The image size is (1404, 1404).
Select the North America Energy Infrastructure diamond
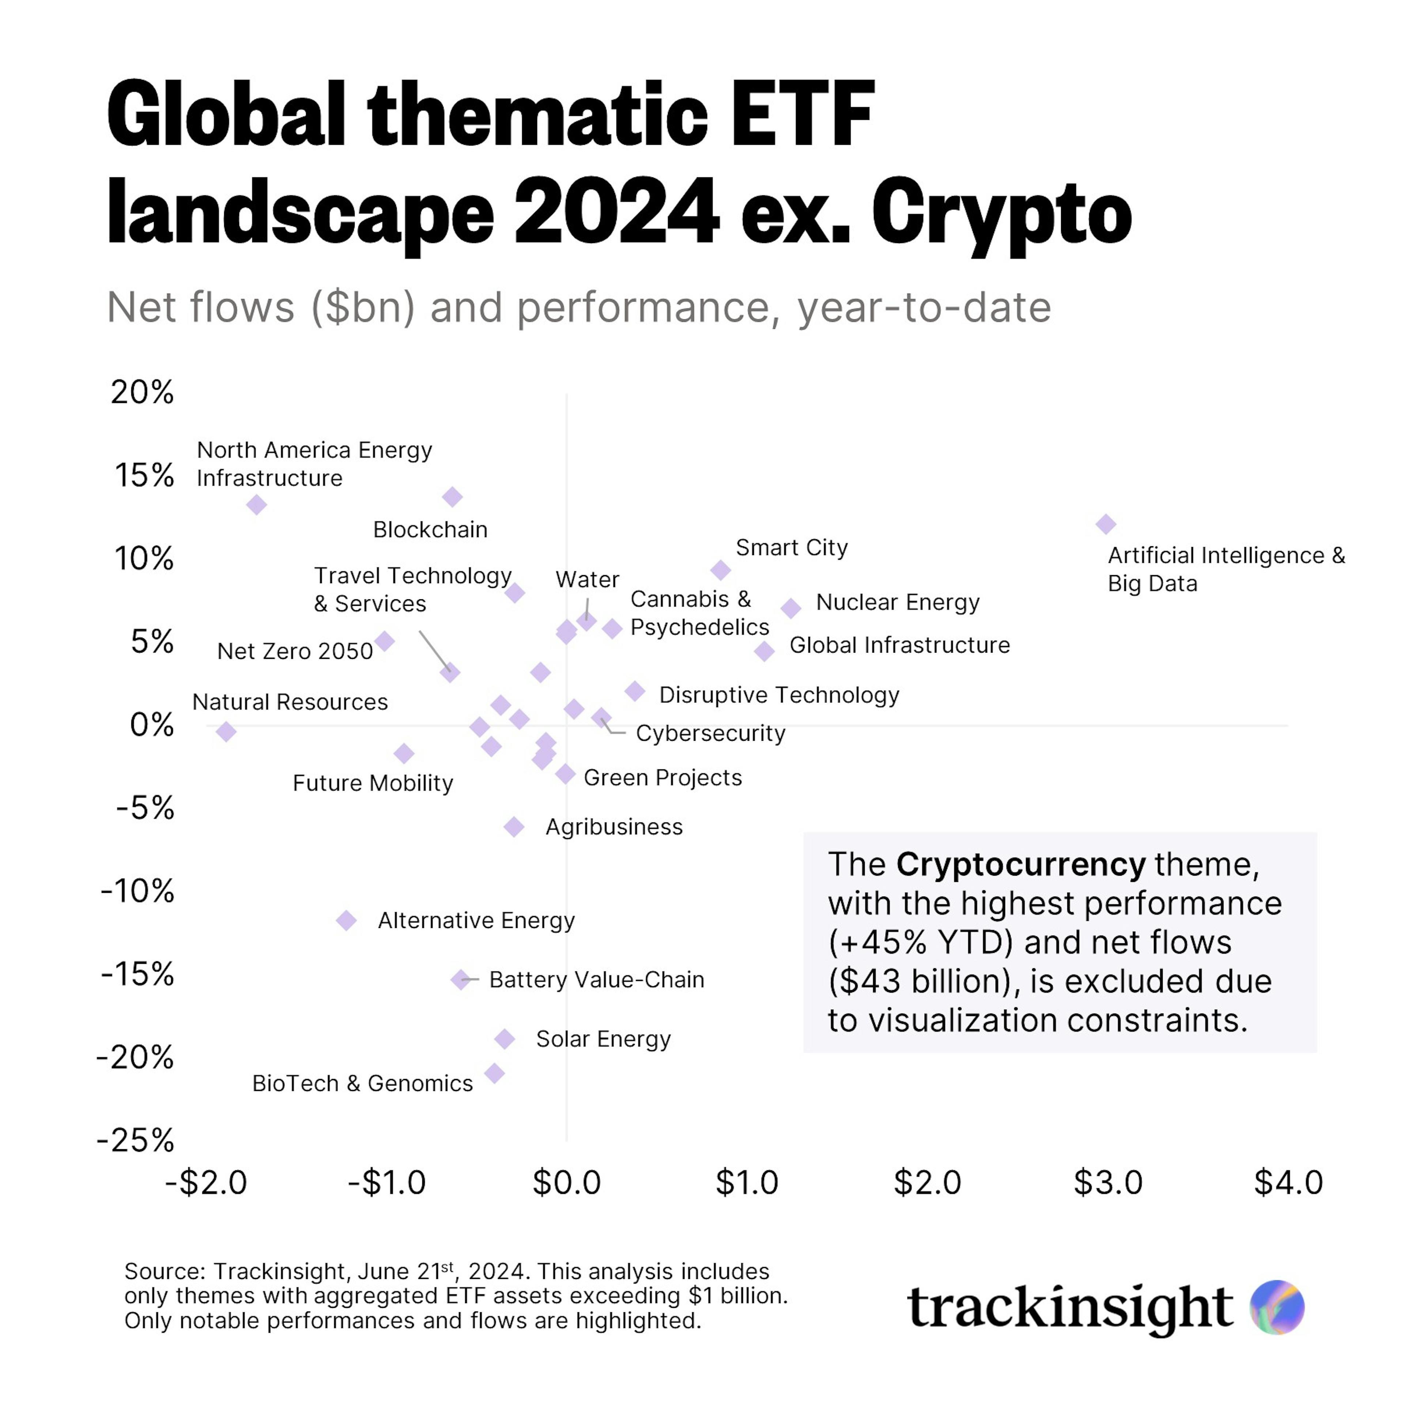[256, 504]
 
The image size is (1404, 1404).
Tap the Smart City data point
[720, 570]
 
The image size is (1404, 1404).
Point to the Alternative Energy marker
[347, 920]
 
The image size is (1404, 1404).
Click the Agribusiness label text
[614, 827]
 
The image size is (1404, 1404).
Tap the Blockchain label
[430, 530]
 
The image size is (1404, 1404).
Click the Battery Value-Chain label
[597, 980]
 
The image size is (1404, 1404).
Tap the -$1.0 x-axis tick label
[386, 1182]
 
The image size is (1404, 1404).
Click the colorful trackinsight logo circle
[1277, 1307]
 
